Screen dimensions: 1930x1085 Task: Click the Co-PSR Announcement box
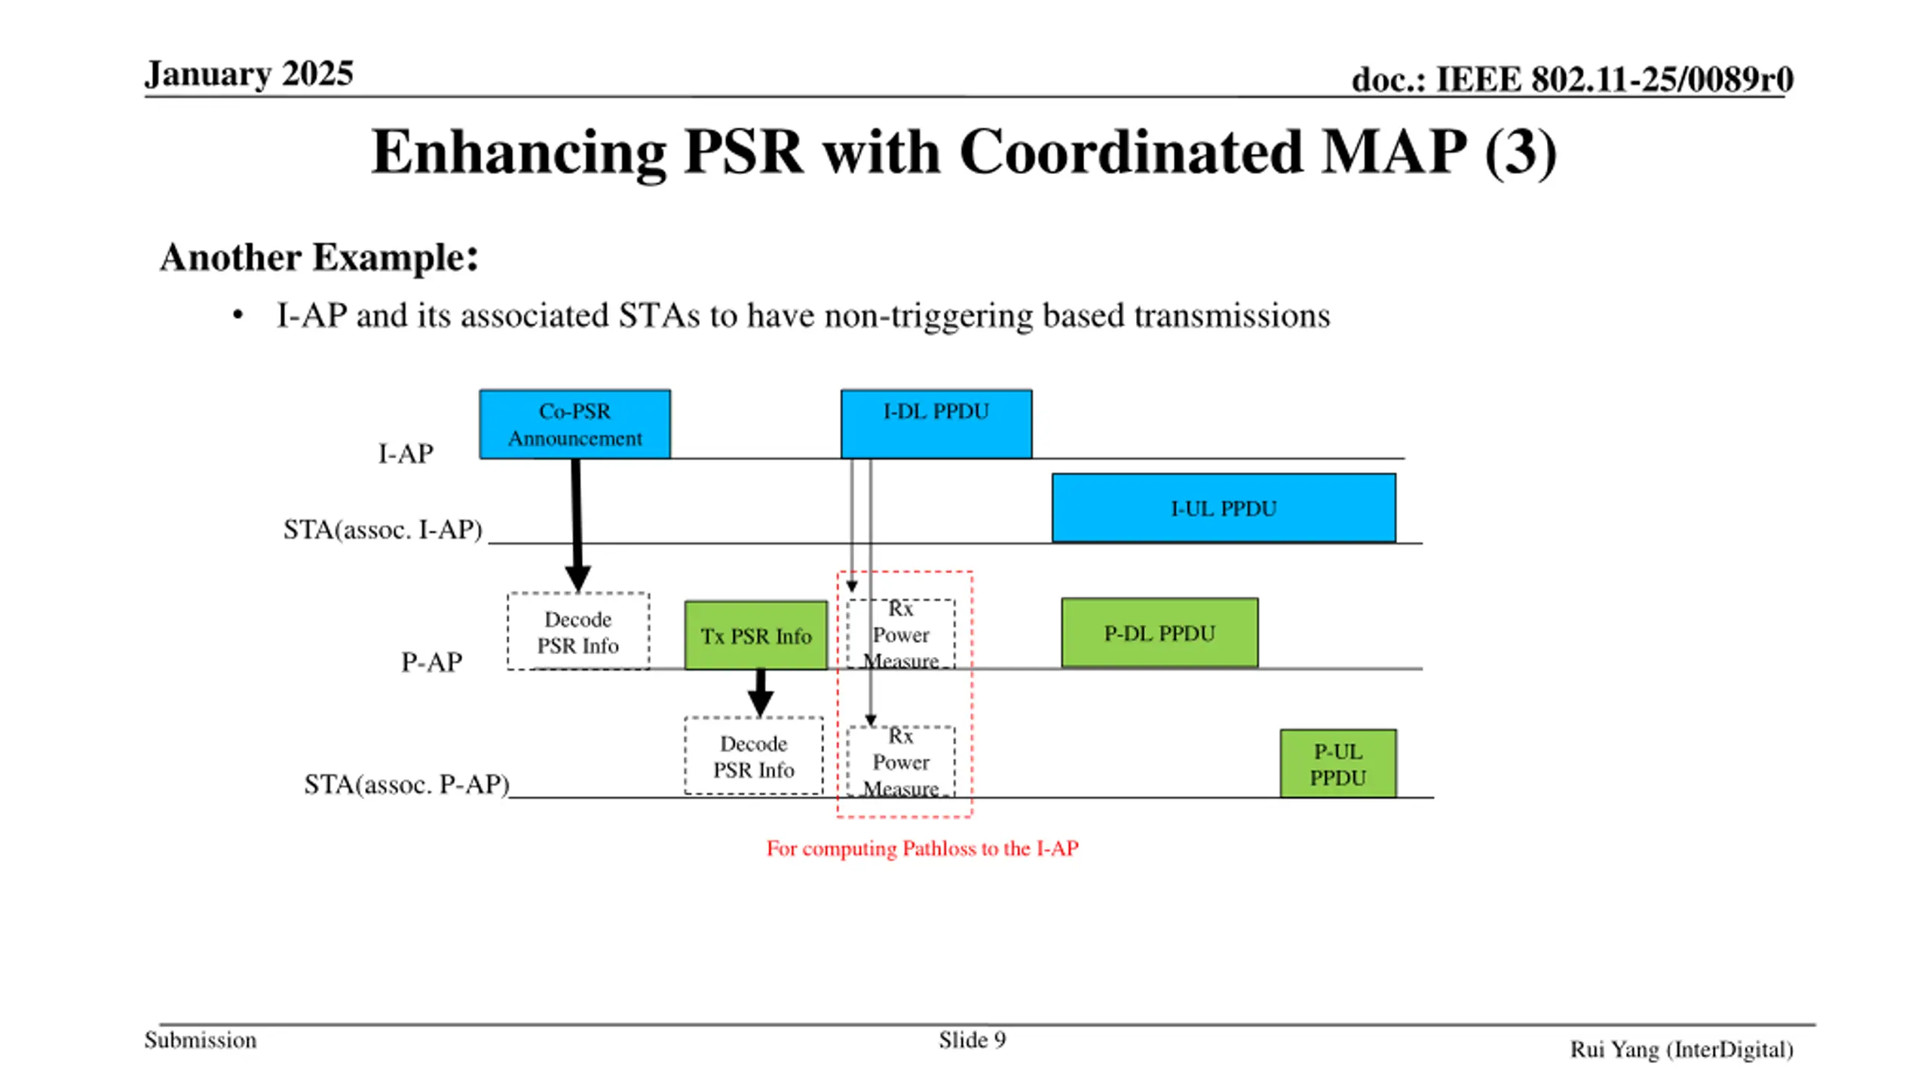click(574, 424)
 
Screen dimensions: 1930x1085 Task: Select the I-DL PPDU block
click(936, 424)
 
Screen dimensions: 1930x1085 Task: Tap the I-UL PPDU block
click(1224, 508)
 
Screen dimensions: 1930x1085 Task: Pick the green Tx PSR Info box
click(756, 635)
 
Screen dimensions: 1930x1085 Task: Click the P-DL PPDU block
click(1160, 633)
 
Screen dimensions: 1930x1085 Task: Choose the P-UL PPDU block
click(1338, 763)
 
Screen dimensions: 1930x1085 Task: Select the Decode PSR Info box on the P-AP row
click(578, 631)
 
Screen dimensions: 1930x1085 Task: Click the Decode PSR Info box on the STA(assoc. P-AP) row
click(754, 756)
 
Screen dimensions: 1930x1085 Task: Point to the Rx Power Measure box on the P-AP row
click(901, 634)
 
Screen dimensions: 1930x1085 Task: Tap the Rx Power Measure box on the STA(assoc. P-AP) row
click(901, 762)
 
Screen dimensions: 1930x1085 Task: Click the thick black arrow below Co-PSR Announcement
click(577, 525)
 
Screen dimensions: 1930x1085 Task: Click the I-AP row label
click(406, 454)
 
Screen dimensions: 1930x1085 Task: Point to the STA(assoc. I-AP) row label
click(382, 529)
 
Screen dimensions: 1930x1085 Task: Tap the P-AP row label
click(431, 662)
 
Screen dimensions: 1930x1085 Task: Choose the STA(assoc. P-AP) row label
click(407, 784)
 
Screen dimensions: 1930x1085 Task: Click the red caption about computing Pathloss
click(922, 848)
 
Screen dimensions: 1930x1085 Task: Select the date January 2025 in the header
click(249, 74)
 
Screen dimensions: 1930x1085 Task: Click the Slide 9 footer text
click(972, 1040)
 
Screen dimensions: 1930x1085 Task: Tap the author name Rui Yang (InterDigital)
click(1681, 1050)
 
